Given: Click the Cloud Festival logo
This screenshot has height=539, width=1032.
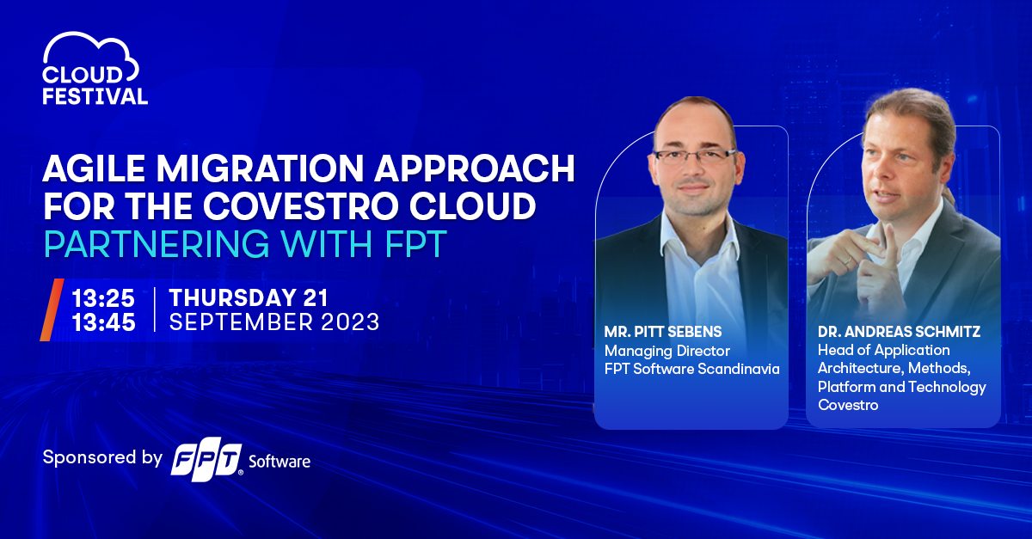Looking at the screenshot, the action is point(95,68).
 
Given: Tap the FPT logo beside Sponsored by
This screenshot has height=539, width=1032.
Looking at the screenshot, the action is point(207,459).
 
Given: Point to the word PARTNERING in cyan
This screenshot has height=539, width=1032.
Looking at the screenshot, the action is point(157,243).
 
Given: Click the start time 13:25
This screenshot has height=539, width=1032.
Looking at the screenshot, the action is point(103,298).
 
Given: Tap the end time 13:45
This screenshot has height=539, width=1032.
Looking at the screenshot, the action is point(104,322).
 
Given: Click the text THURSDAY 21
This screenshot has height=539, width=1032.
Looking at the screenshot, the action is point(249,297).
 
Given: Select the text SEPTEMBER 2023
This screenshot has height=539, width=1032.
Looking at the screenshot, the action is point(274,322).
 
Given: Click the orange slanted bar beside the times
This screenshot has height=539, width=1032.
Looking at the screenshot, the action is point(52,310).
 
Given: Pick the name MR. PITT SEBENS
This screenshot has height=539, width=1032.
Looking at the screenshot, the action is point(663,332).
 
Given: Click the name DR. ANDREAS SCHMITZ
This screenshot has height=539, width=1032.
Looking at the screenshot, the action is point(899,332).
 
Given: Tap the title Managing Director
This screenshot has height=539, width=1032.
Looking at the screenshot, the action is point(667,351).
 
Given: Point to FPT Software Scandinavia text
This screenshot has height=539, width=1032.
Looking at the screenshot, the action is point(692,369).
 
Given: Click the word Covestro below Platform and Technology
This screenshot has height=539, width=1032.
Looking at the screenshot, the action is point(848,406).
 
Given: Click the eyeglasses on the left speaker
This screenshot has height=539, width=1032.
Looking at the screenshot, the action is point(695,156).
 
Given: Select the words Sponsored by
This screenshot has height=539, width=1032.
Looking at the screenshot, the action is point(102,458).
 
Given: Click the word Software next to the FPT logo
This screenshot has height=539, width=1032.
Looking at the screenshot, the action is point(279,462).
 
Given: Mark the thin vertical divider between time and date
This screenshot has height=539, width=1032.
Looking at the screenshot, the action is point(154,309).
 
